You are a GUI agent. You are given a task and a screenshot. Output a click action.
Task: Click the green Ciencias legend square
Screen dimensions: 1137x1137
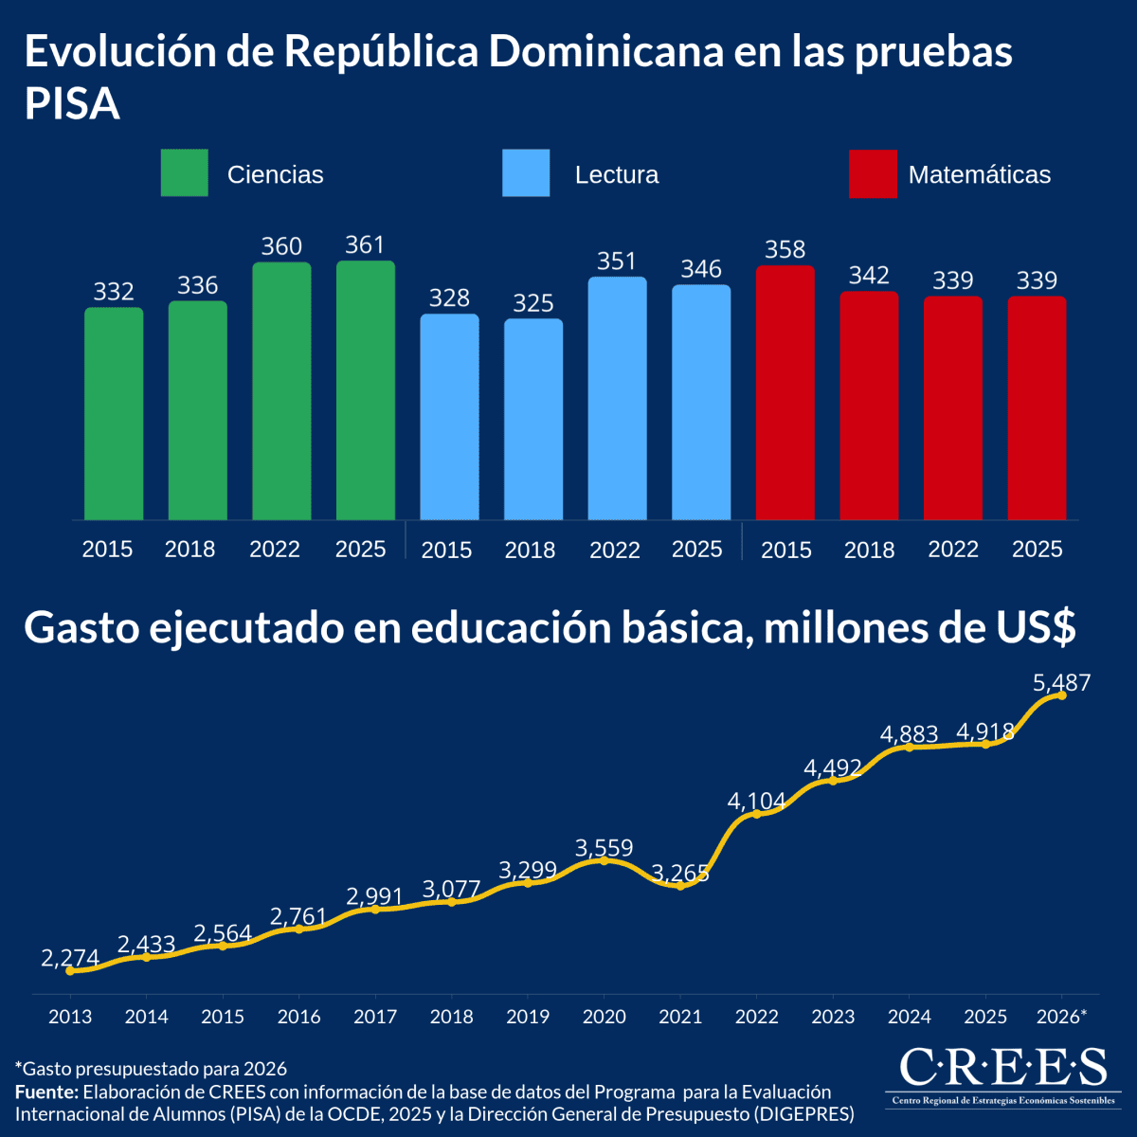click(184, 172)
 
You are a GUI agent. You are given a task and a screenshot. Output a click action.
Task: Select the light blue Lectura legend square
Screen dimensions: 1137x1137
click(526, 172)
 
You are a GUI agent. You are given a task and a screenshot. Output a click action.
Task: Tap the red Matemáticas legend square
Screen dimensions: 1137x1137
click(873, 174)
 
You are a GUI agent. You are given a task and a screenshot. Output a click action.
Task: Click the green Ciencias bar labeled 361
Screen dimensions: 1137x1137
click(365, 390)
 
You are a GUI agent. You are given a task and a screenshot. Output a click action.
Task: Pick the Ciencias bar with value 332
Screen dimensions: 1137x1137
click(114, 414)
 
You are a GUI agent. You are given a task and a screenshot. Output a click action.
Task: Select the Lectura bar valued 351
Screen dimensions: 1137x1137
click(617, 398)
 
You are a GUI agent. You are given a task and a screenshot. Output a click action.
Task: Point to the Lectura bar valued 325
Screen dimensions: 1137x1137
click(533, 419)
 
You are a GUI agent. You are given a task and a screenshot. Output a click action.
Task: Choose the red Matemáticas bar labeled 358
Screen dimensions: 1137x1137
click(785, 392)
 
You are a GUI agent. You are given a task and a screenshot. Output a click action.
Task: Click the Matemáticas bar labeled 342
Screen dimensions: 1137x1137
click(869, 406)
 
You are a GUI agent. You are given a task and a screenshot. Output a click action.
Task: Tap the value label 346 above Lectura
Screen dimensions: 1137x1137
click(701, 269)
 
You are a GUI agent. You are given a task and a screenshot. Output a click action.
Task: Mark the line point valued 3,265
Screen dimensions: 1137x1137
click(680, 886)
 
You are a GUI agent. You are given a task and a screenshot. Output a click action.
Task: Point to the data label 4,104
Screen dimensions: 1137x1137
click(756, 801)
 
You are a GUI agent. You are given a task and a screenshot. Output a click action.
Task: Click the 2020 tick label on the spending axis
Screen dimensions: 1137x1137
click(605, 1017)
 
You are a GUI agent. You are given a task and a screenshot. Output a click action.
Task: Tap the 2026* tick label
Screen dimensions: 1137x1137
click(1061, 1016)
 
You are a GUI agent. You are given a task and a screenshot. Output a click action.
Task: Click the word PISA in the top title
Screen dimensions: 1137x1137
click(72, 103)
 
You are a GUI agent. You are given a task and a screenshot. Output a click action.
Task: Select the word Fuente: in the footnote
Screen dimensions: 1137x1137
click(46, 1092)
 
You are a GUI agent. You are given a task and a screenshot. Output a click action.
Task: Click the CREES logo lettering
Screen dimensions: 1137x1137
click(1003, 1067)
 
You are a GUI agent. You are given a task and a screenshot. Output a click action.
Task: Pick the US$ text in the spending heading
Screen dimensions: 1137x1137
click(1037, 626)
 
